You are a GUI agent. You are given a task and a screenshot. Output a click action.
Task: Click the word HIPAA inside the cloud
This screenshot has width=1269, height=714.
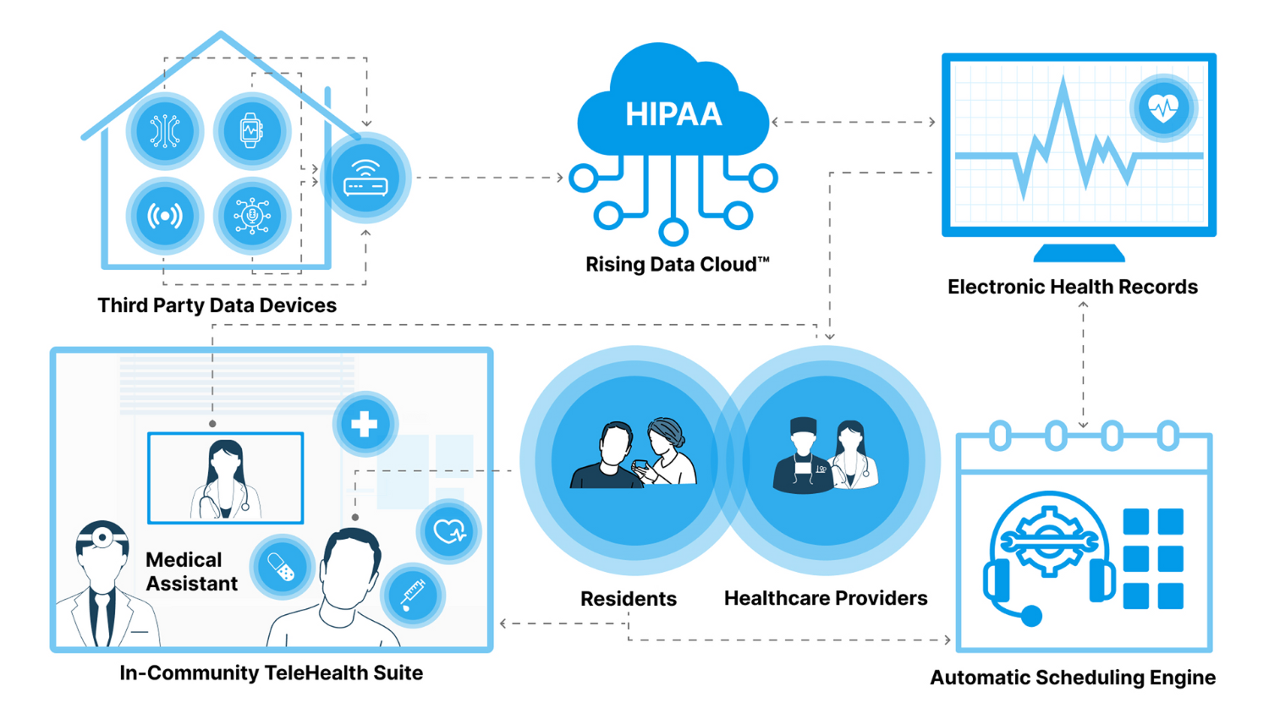point(673,114)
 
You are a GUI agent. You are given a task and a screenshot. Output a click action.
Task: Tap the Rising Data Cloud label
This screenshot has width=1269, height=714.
point(677,265)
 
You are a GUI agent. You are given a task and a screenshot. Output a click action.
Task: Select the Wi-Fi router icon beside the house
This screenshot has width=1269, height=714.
point(365,178)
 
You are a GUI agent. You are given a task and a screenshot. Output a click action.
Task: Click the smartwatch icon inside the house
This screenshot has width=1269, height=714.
point(251,131)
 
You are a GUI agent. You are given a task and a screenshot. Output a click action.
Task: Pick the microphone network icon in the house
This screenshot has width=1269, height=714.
point(251,216)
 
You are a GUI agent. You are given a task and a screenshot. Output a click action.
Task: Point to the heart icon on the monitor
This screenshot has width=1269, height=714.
point(1163,107)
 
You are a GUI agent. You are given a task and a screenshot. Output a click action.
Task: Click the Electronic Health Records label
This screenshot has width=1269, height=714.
point(1072,287)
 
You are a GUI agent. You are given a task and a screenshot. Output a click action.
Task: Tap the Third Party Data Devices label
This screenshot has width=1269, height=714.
point(217,305)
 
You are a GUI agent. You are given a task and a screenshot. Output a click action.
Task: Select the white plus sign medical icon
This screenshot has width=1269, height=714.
point(365,424)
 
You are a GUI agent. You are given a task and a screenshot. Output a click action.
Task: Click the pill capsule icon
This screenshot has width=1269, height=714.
point(282,568)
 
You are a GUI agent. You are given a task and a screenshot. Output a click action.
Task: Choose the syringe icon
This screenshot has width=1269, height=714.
point(413,595)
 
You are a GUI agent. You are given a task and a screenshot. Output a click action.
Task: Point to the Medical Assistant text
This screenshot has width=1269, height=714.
point(191,572)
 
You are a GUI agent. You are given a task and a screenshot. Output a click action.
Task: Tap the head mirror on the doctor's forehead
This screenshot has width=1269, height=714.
point(102,536)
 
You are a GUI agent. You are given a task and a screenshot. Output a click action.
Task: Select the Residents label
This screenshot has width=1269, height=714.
point(628,599)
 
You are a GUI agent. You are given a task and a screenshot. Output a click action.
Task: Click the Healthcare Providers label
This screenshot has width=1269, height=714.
point(825,598)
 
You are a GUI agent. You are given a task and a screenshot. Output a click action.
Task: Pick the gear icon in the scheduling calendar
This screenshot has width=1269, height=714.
point(1049,541)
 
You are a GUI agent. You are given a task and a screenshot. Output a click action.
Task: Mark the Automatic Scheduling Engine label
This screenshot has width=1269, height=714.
point(1072,678)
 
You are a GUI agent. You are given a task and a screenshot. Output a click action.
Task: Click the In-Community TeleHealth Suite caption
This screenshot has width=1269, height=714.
point(271,673)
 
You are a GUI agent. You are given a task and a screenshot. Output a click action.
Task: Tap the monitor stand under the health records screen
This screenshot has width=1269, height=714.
point(1079,252)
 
